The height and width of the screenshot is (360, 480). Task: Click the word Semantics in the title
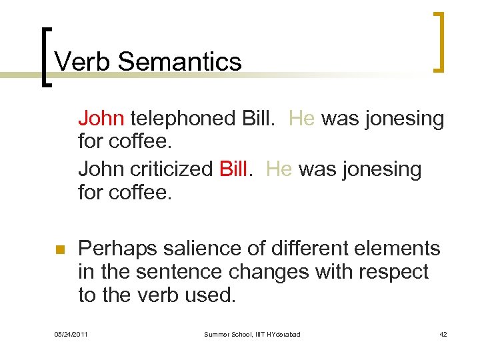179,62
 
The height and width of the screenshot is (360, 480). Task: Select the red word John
101,118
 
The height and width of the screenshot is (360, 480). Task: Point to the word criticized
169,169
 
